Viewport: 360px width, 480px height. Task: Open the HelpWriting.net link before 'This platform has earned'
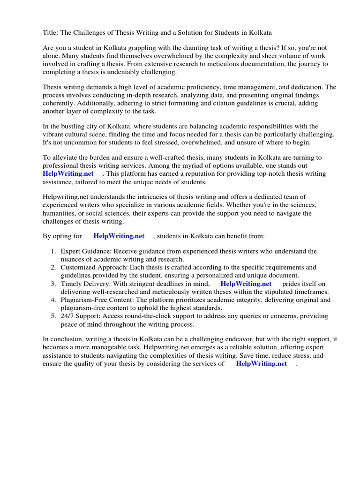coord(68,174)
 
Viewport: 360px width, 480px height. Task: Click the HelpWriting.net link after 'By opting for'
coord(119,236)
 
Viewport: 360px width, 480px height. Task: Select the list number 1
coord(54,252)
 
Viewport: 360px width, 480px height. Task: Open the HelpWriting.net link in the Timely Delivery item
coord(246,284)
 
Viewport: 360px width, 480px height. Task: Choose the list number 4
coord(54,300)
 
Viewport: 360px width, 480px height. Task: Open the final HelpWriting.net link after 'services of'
coord(261,363)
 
